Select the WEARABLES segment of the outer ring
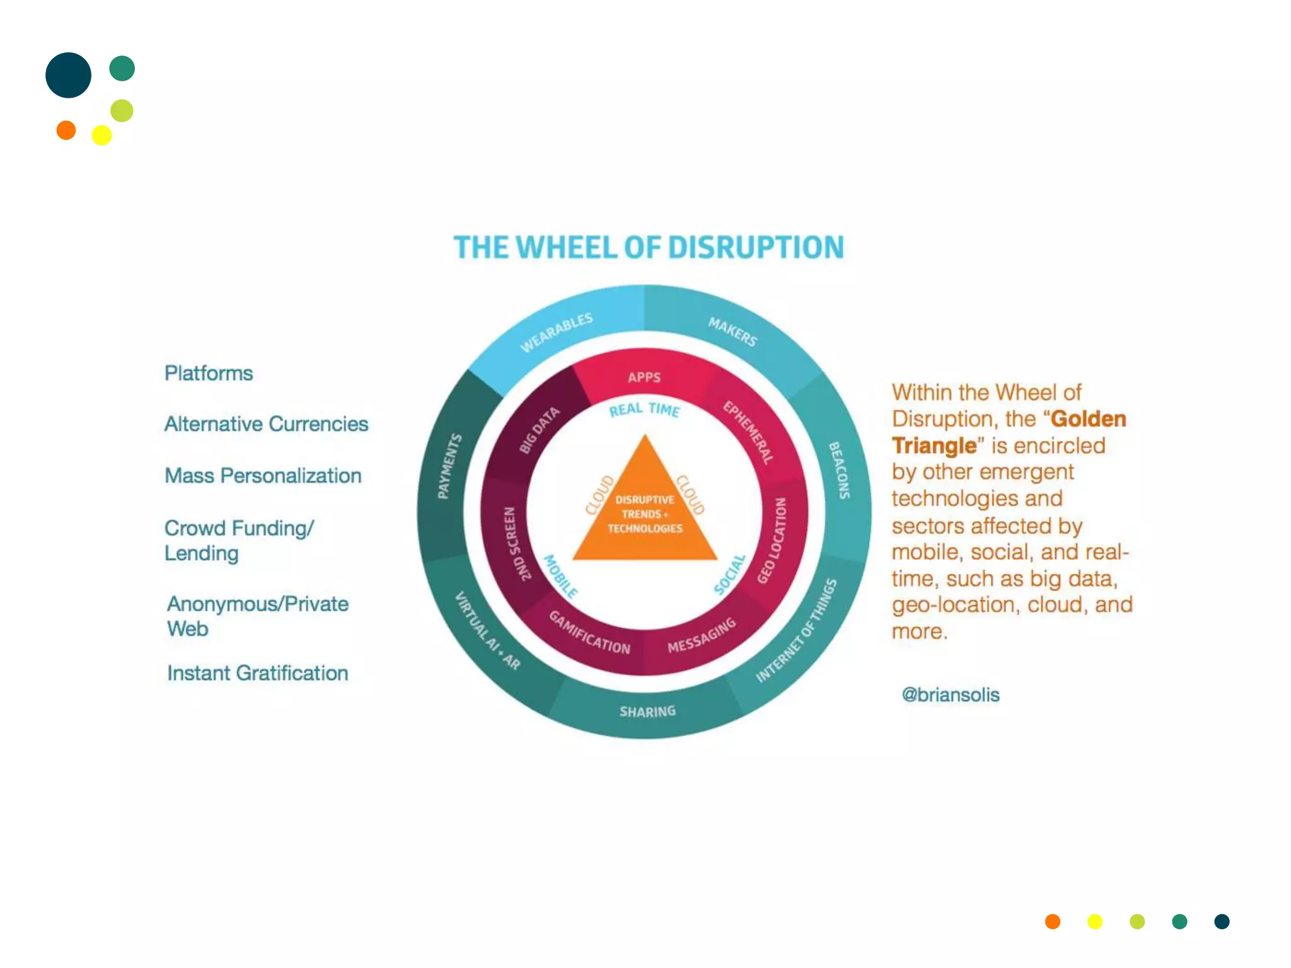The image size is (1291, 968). click(x=556, y=332)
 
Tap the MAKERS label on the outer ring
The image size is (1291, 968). click(x=732, y=331)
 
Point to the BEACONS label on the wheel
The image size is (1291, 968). click(x=839, y=470)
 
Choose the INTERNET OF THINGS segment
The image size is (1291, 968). click(x=797, y=630)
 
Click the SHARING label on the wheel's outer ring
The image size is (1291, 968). click(x=647, y=712)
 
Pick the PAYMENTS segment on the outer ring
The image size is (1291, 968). click(x=450, y=466)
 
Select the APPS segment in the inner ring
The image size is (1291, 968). click(x=644, y=377)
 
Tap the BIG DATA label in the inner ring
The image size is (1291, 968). click(x=539, y=430)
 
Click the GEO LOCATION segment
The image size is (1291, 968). click(x=772, y=540)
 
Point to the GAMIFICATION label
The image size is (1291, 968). click(x=589, y=632)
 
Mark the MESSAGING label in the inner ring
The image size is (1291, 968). click(x=702, y=635)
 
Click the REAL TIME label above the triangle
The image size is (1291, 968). click(x=644, y=410)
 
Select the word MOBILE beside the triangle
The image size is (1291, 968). click(x=560, y=576)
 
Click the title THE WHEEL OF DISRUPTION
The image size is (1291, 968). click(x=649, y=248)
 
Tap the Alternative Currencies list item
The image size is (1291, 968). click(x=266, y=424)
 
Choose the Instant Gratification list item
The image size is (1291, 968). click(x=257, y=673)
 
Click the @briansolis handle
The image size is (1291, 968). click(x=951, y=694)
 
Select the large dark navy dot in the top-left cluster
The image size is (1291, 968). click(x=69, y=75)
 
